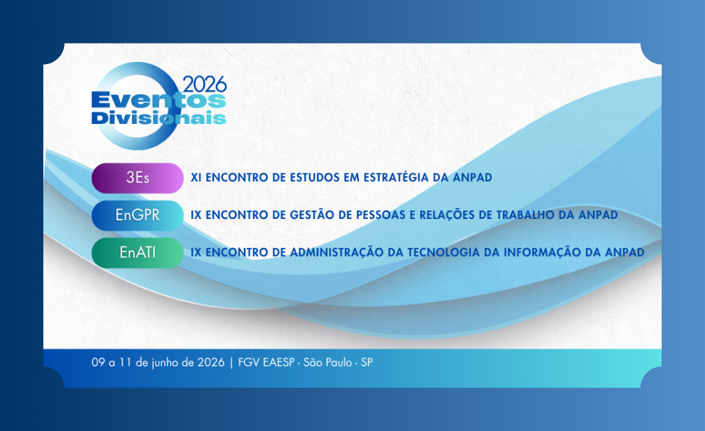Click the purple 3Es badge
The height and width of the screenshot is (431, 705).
138,178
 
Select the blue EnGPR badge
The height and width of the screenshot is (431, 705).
138,215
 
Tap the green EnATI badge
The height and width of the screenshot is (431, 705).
138,253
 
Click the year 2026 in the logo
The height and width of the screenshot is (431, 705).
204,85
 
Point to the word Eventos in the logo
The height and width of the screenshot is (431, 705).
159,101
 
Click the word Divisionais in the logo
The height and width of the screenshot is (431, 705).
159,118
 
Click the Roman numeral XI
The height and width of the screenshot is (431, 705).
196,177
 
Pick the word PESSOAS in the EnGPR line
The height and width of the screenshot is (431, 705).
381,215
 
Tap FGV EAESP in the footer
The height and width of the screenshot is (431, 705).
266,362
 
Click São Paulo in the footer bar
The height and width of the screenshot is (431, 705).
328,362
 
